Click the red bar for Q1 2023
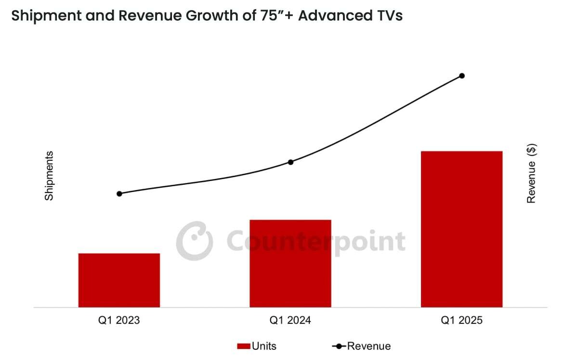click(119, 280)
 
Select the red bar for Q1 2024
click(290, 264)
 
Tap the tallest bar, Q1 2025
click(461, 229)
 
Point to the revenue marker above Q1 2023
click(119, 193)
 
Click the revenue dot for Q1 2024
click(290, 162)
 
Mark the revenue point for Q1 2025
click(462, 76)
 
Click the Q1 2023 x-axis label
click(119, 320)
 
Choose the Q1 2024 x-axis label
click(290, 320)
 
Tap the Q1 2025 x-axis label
click(461, 320)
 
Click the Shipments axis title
click(49, 176)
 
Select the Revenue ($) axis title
click(531, 173)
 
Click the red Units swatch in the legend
click(244, 347)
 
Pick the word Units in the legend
click(264, 346)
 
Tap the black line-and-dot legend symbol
click(339, 347)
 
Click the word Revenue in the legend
click(369, 346)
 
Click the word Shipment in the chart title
click(46, 16)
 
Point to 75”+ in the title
click(276, 15)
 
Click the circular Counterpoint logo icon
click(195, 241)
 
